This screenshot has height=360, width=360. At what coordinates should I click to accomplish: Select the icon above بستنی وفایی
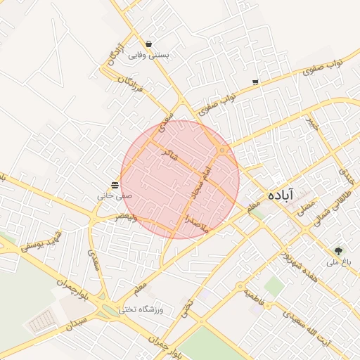point(148,43)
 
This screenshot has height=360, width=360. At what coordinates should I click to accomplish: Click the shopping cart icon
point(255,82)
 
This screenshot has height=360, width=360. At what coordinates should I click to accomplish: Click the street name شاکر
point(169,155)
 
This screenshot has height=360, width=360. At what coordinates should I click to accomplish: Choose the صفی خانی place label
point(114,195)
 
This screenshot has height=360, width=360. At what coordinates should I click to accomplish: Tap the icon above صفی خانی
point(115,184)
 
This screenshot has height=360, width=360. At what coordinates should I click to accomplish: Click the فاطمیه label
point(255,299)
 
